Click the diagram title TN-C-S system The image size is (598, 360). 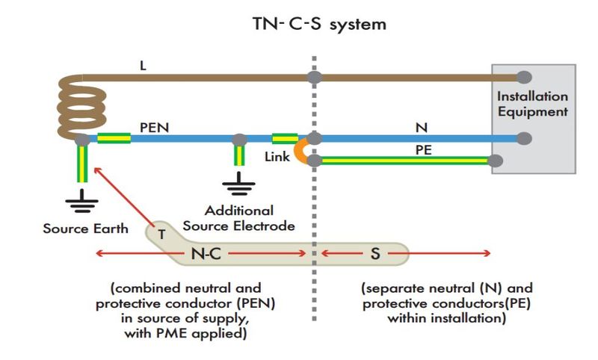[320, 24]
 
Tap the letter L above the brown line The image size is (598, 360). [143, 66]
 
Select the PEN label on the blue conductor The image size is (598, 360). [154, 128]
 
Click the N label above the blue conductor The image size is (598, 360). [422, 128]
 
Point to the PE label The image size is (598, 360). [423, 150]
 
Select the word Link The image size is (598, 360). [277, 157]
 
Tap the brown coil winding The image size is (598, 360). [81, 107]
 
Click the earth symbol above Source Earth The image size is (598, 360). [81, 201]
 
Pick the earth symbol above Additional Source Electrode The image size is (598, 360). [238, 184]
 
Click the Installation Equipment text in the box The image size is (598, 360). [532, 104]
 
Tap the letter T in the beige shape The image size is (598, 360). [161, 235]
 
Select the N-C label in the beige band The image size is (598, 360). [206, 253]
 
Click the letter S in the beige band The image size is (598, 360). [375, 253]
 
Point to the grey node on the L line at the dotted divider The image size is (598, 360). [315, 78]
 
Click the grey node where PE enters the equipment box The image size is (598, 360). [495, 161]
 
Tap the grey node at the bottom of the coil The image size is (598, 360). [82, 140]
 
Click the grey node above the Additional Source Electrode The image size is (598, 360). [239, 140]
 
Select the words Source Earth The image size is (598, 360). [85, 229]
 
